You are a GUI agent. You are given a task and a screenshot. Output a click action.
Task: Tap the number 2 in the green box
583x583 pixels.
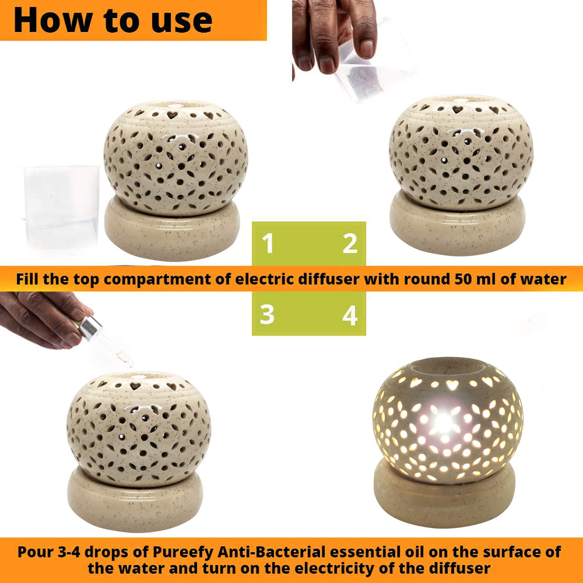350,245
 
